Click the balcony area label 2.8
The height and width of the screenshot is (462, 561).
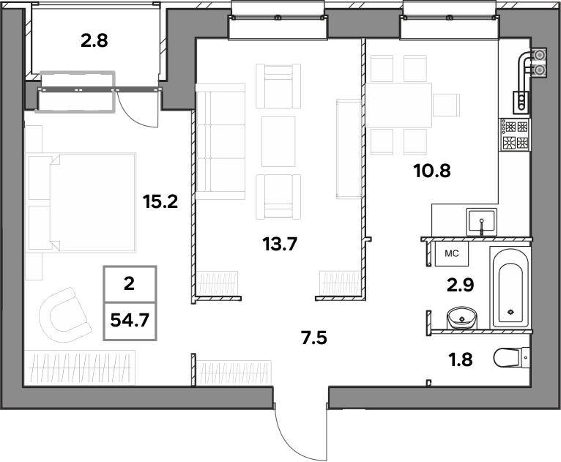[x=94, y=41]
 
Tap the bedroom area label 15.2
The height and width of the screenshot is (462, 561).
[x=160, y=201]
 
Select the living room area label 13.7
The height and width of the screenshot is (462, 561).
[x=280, y=245]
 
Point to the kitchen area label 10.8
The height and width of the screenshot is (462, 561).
[x=432, y=171]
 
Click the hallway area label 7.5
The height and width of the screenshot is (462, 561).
[x=314, y=338]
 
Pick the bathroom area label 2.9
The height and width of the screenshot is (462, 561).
[x=460, y=285]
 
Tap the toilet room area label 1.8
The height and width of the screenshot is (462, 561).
[x=461, y=359]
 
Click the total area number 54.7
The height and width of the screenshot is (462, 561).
[x=130, y=320]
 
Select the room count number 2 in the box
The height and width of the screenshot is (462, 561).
[x=129, y=283]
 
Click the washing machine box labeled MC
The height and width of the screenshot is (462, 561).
[x=452, y=253]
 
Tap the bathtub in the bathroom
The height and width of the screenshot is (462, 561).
[x=510, y=287]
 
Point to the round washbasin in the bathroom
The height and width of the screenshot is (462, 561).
[x=462, y=318]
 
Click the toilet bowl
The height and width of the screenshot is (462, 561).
[x=511, y=357]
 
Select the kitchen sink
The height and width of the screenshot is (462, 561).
[x=481, y=222]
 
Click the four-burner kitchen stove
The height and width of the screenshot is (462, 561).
[x=515, y=135]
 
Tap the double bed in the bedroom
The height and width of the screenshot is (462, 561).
[x=82, y=203]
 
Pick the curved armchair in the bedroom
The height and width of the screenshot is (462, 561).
[x=64, y=315]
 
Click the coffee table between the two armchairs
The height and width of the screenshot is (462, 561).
[x=278, y=141]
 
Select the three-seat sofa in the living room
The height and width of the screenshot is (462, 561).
[x=220, y=141]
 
